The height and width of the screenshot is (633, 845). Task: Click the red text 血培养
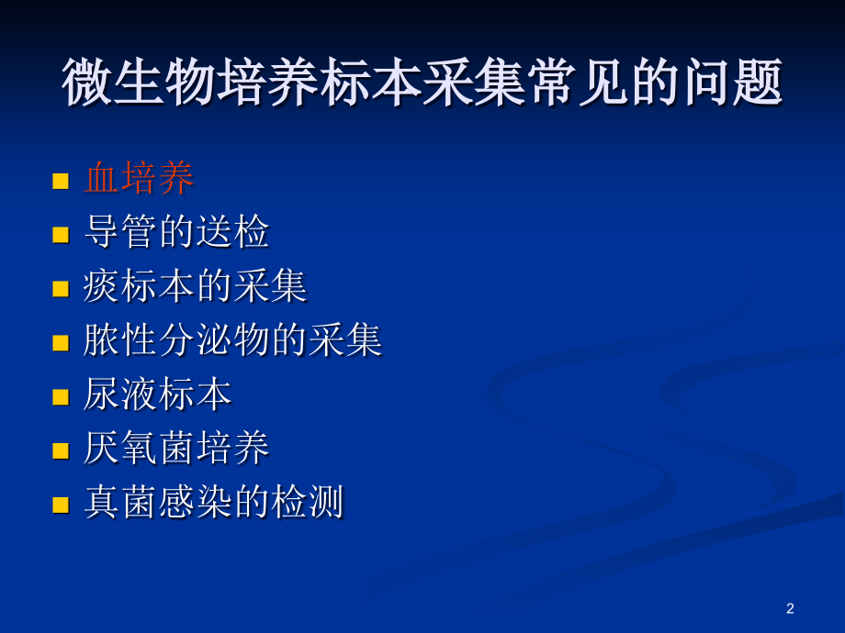(140, 179)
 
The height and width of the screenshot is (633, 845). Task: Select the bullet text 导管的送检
(176, 233)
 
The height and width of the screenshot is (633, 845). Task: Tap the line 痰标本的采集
(195, 287)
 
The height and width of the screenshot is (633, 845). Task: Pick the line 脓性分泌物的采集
(232, 341)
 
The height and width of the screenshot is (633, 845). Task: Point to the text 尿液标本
(158, 395)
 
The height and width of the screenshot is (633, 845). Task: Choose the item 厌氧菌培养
(176, 450)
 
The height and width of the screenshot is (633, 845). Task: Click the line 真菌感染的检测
(213, 504)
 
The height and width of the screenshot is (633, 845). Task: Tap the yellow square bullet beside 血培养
(62, 181)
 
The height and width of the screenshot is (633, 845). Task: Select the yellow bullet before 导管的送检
(62, 235)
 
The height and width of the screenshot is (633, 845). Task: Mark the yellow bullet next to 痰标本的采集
(62, 289)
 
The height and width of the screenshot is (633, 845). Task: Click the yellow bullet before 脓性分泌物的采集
(62, 343)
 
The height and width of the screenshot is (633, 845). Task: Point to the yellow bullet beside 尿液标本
(62, 397)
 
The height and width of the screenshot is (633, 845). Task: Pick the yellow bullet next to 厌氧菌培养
(62, 451)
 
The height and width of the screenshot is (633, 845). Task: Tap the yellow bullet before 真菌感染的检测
(62, 505)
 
